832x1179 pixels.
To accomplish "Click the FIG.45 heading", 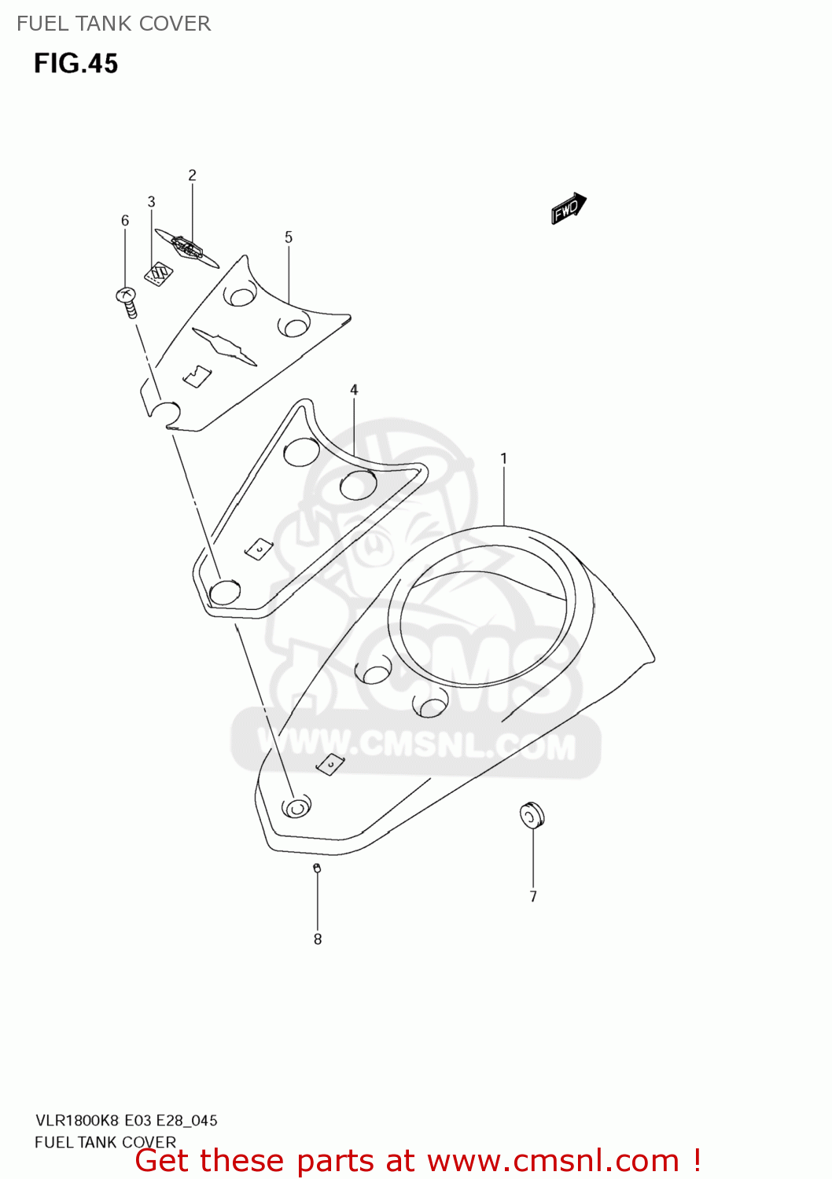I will [75, 64].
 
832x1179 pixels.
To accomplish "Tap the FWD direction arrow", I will [569, 209].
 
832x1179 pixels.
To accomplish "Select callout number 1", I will [504, 457].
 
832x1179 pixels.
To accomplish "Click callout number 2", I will [192, 175].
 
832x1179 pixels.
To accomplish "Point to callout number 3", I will [151, 202].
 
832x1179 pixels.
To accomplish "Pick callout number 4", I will [354, 390].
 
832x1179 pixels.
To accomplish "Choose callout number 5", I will [289, 237].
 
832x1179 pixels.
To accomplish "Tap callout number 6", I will [125, 221].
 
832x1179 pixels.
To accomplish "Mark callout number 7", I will [533, 896].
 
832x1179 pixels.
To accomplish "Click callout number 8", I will [318, 938].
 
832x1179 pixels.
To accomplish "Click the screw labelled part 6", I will [127, 301].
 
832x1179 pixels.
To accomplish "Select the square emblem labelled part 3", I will [158, 274].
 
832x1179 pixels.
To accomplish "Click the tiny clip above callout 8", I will [317, 868].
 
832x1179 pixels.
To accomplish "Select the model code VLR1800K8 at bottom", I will [77, 1120].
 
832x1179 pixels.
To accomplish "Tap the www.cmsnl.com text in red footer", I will [553, 1160].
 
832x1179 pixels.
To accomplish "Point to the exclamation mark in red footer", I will [697, 1160].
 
